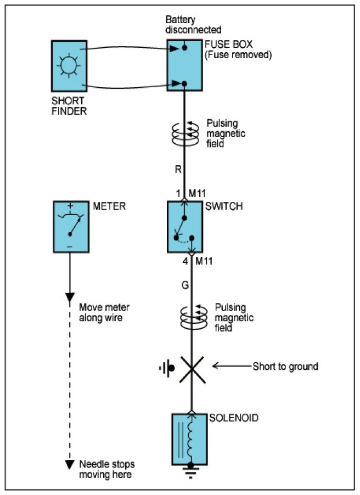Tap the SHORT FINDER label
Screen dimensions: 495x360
coord(69,106)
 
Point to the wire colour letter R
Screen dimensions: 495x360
coord(178,171)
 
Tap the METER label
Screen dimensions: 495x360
coord(108,207)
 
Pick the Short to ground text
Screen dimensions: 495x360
coord(285,366)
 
